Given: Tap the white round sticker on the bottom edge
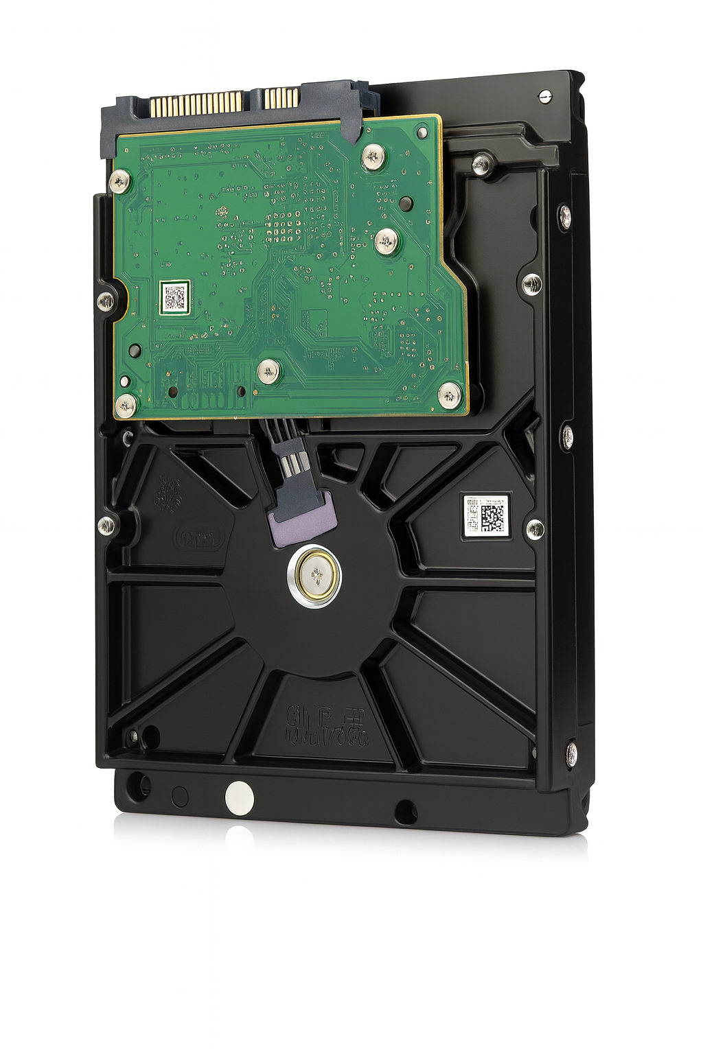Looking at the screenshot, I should [239, 797].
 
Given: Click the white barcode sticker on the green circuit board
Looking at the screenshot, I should [174, 297].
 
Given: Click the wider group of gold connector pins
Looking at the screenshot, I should [196, 104].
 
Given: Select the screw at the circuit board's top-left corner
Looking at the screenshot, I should [120, 181].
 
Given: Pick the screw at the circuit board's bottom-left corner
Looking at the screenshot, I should [126, 404].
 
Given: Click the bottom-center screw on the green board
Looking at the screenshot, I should [268, 371].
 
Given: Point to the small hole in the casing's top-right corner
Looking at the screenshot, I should [545, 96].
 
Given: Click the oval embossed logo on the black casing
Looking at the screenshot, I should [200, 538].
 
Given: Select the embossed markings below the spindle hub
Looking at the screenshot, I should [326, 726].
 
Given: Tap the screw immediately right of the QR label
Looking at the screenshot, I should [535, 528].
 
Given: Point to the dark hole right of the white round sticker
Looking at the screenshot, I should [404, 812].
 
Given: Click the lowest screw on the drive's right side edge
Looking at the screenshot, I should [571, 752].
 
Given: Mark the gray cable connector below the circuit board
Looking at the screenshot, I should [290, 458].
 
